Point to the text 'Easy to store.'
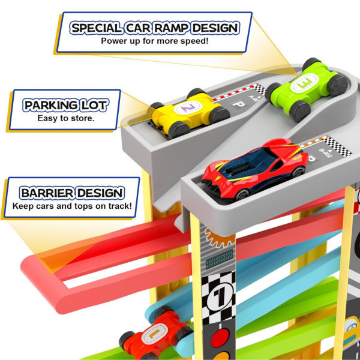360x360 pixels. [x=67, y=118]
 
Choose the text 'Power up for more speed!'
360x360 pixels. [x=155, y=41]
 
